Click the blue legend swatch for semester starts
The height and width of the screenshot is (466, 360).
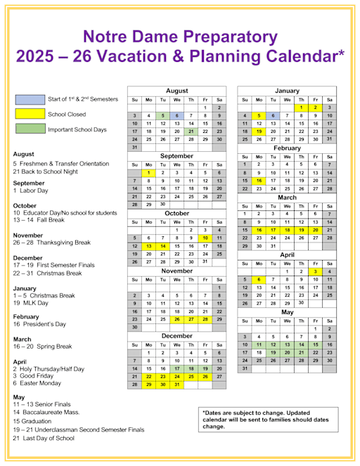(29, 100)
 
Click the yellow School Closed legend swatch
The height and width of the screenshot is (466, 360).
(29, 114)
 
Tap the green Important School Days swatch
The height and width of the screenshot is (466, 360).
(29, 129)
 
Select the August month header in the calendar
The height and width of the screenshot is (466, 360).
(176, 91)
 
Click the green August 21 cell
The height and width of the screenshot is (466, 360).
(191, 131)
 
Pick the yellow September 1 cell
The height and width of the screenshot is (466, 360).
(148, 172)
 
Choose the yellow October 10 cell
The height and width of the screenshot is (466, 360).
(205, 238)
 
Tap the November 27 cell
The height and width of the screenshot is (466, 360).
(191, 319)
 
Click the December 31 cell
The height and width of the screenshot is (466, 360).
(176, 384)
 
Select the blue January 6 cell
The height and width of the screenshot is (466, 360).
(273, 115)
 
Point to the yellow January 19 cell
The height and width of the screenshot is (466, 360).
(259, 131)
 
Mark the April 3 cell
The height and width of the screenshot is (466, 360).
(316, 271)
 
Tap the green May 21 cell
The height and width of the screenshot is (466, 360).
(302, 352)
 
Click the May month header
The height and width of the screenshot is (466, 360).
(287, 311)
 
